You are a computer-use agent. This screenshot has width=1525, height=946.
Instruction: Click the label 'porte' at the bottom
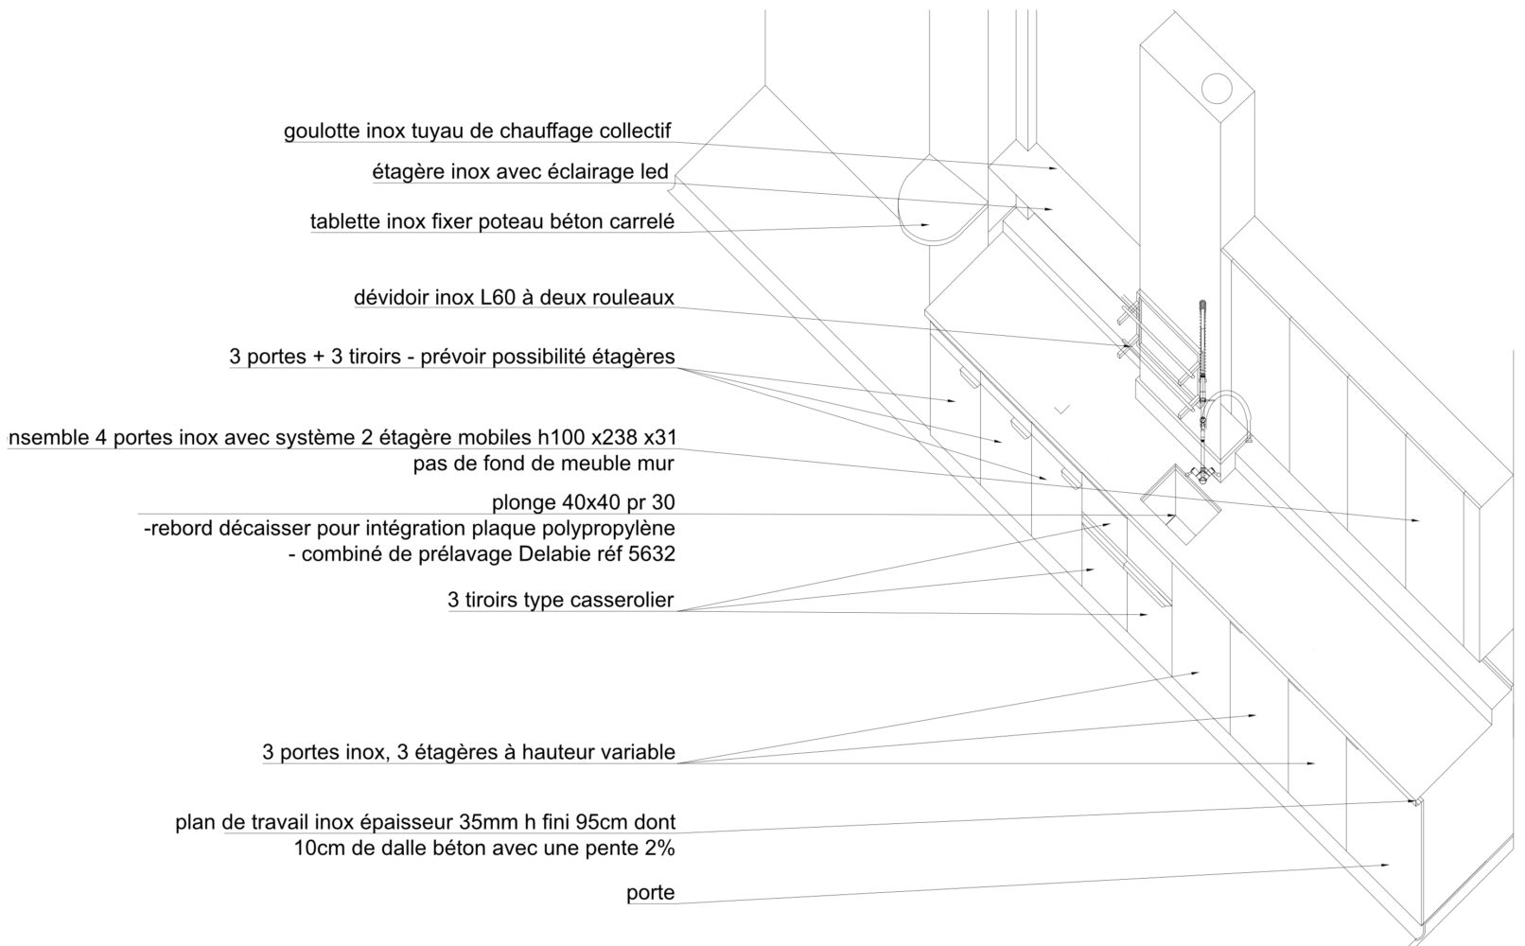click(650, 893)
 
